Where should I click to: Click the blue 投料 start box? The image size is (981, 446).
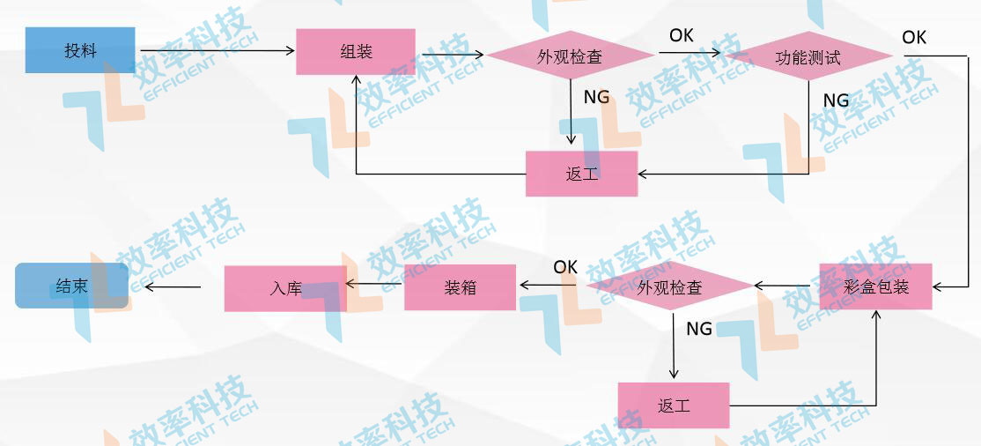tap(80, 50)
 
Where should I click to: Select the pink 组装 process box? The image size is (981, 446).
tap(356, 51)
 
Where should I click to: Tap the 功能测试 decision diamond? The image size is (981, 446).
tap(808, 58)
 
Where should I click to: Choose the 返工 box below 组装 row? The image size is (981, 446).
tap(581, 174)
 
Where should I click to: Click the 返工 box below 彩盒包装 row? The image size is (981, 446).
tap(674, 405)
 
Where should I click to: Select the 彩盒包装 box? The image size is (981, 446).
tap(875, 286)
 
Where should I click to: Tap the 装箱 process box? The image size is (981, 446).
tap(460, 286)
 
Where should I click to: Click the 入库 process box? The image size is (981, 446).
tap(285, 287)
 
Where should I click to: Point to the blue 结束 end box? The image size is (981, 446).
tap(71, 286)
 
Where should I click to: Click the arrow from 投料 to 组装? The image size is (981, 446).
tap(215, 51)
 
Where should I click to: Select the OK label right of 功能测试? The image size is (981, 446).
tap(914, 38)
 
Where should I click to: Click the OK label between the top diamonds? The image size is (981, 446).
tap(681, 35)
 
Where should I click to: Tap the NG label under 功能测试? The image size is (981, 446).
tap(836, 100)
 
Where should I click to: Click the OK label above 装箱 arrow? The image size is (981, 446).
tap(565, 266)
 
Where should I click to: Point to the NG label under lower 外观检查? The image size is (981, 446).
tap(699, 329)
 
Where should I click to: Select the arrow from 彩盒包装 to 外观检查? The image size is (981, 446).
tap(786, 286)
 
